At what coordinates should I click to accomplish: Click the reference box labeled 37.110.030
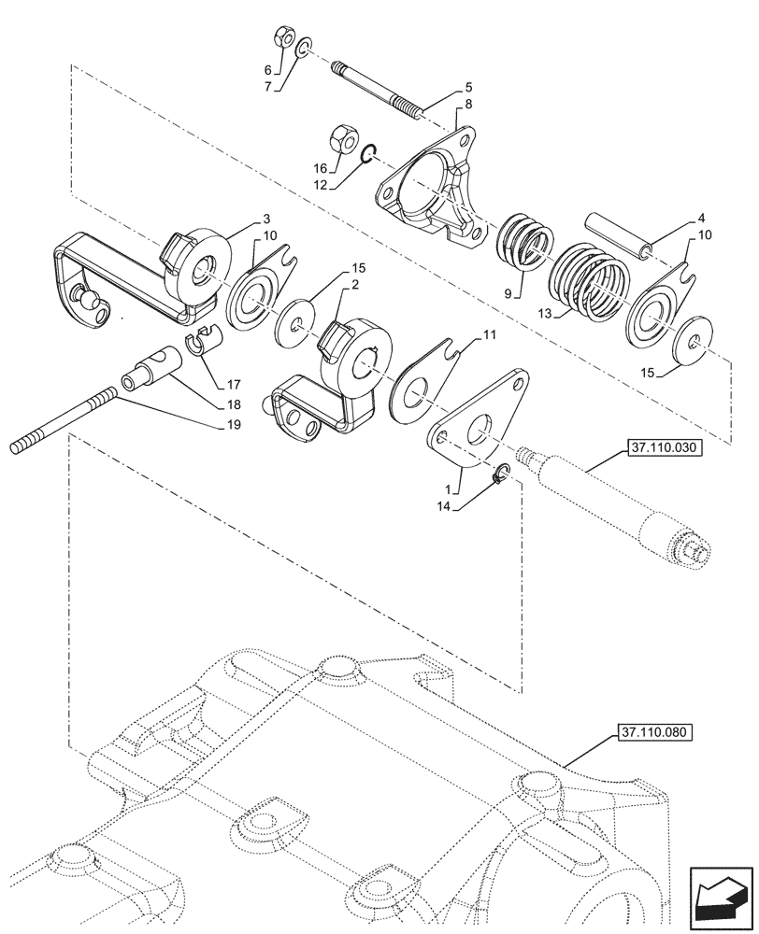click(664, 449)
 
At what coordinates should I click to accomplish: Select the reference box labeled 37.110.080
click(653, 733)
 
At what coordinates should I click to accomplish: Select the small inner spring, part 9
click(524, 244)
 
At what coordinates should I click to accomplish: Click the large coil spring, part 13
click(588, 280)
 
